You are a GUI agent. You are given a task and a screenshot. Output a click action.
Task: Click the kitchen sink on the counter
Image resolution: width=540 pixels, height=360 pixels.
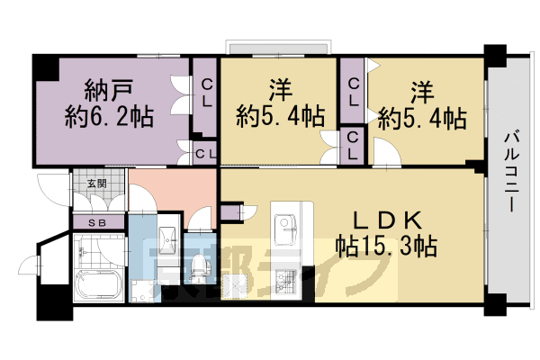(x=290, y=224)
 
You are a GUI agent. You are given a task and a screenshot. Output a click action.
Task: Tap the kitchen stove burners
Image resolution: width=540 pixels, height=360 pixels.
(x=289, y=284)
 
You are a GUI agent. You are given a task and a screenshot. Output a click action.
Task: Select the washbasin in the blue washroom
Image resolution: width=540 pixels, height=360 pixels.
(x=166, y=238)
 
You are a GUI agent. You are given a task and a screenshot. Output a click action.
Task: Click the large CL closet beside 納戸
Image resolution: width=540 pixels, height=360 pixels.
(x=205, y=94)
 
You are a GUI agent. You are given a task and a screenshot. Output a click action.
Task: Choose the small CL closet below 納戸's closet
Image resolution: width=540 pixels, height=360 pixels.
(x=205, y=153)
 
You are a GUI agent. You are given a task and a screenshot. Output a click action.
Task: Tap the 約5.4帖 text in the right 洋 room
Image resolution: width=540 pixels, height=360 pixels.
(x=422, y=117)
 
